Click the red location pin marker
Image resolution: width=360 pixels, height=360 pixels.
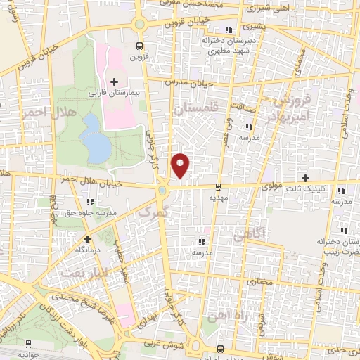click(x=181, y=165)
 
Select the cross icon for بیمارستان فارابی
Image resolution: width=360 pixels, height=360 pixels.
click(x=114, y=82)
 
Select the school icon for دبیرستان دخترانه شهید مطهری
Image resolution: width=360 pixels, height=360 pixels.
click(x=227, y=30)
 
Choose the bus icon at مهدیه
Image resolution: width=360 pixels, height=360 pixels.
click(x=219, y=187)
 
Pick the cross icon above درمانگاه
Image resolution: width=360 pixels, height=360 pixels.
click(x=87, y=239)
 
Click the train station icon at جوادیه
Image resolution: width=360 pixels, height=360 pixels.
click(x=28, y=344)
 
